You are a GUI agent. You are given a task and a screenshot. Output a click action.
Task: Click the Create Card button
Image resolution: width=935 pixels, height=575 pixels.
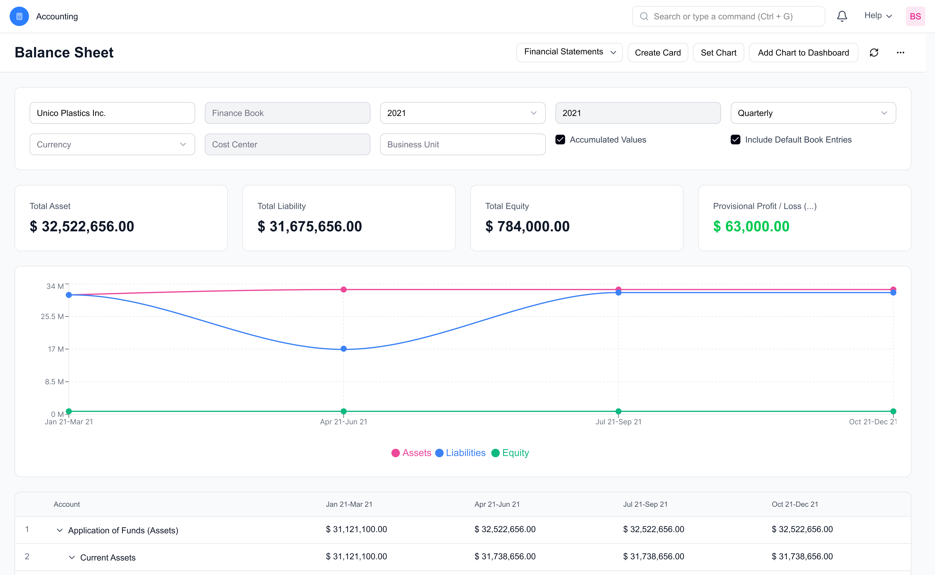point(657,53)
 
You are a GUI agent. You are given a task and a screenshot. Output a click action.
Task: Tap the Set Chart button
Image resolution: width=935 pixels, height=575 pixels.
point(718,53)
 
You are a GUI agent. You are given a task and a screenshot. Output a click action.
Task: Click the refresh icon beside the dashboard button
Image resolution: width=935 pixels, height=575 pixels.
point(874,53)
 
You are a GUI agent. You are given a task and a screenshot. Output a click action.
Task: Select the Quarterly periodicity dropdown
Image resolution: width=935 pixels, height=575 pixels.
point(813,113)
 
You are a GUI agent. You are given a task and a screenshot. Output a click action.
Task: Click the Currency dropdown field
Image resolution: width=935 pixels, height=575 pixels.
point(112,145)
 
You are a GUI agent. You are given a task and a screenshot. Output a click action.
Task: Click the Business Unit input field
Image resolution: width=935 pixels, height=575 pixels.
point(463,145)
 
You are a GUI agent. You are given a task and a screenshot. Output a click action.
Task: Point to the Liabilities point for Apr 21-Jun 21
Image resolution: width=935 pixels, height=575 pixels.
point(344,349)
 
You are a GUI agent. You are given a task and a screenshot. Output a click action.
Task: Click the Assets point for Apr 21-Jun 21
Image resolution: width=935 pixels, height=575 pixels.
point(344,289)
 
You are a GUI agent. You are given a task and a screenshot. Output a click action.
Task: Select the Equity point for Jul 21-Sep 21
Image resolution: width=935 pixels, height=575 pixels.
point(618,411)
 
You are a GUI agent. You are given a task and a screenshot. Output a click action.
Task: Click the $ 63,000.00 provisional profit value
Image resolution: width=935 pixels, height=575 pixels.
point(751,227)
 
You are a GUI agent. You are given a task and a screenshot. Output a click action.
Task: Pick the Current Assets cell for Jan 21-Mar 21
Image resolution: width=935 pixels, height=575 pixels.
point(356,556)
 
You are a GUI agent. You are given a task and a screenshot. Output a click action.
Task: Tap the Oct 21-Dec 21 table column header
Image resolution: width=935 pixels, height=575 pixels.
point(795,504)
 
